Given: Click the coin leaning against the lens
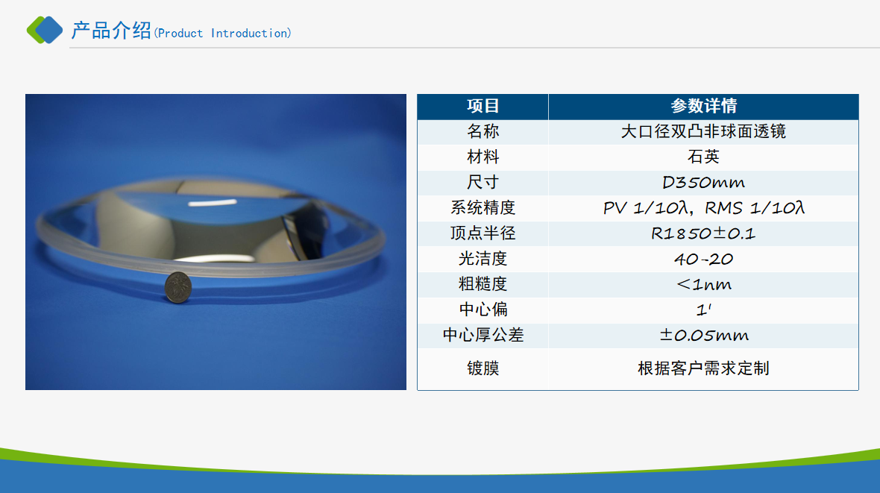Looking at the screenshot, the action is coord(178,287).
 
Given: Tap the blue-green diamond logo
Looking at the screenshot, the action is coord(45,30).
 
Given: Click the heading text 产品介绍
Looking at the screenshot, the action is coord(111,31).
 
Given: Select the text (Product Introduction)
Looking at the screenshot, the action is coord(223,33).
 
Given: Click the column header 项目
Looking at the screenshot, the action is coord(483,106).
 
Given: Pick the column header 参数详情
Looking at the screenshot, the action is coord(703,106).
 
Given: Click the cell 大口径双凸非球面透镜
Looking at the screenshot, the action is coord(703,131).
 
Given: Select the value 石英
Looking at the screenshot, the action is coord(703,157).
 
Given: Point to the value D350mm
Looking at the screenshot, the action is coord(703,183).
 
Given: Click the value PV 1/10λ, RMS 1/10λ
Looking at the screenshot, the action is coord(703,208).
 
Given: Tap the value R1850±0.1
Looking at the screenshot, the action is coord(703,233).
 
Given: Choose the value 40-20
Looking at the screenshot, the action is coord(703,259).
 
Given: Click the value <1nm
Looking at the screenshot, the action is coord(703,284).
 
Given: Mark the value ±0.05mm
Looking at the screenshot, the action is coord(703,335).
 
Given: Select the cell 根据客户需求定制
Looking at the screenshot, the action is coord(703,368).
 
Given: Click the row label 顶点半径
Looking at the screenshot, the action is coord(483,233).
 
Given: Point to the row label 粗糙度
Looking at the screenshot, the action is coord(483,284).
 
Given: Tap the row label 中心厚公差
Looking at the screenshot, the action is coord(483,335).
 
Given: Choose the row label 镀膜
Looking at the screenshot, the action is coord(483,368).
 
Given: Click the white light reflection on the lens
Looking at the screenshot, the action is coord(212,203).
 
